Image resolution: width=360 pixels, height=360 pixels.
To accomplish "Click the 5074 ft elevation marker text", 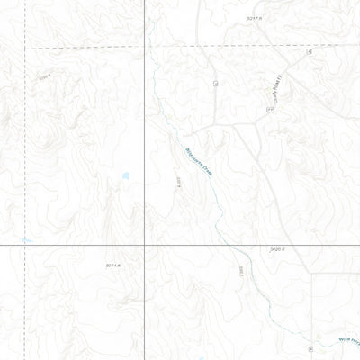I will click(x=112, y=265).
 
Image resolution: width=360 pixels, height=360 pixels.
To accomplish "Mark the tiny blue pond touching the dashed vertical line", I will click(x=27, y=240).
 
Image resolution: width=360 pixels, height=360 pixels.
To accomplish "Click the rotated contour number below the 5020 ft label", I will click(x=242, y=269).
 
